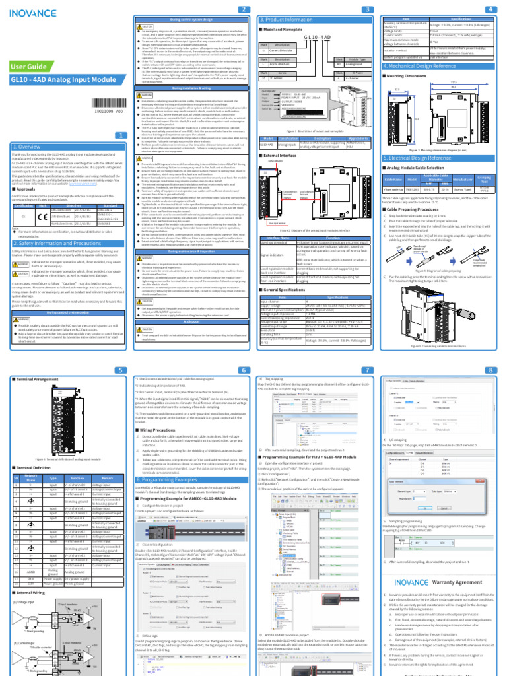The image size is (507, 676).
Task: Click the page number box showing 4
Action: (x=489, y=8)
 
